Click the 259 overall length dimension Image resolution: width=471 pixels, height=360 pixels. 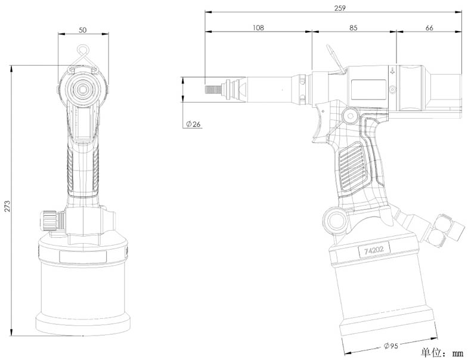tap(340, 8)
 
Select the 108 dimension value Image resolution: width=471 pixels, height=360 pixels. tap(258, 27)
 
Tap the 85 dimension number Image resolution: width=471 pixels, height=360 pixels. tap(354, 27)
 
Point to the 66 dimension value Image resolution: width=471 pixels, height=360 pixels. tap(429, 27)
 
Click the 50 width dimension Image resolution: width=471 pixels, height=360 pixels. tap(83, 30)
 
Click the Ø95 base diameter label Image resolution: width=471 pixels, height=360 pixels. tap(391, 346)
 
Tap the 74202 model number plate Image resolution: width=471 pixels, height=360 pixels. tap(374, 250)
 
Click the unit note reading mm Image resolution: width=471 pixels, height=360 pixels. tap(458, 353)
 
